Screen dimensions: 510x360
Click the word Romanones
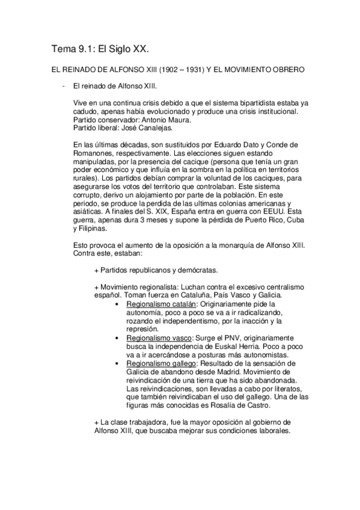[x=91, y=153]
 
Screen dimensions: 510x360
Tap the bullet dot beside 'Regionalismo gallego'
[x=116, y=364]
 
